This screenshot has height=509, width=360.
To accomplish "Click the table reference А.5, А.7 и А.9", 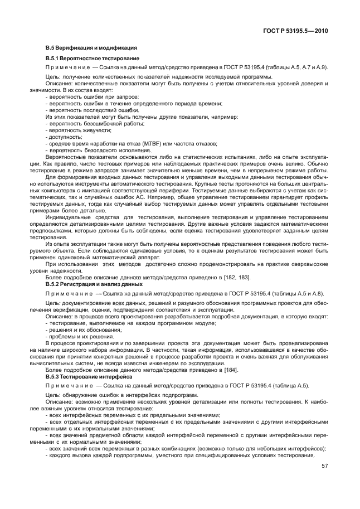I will click(x=303, y=67).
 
